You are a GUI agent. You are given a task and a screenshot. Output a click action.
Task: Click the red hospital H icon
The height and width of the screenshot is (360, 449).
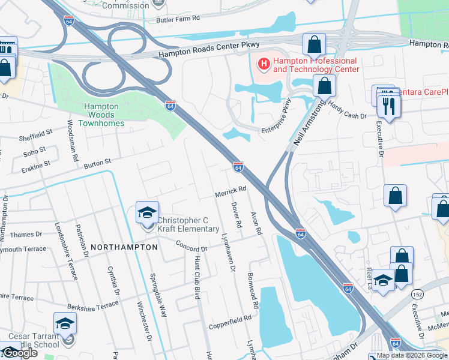(263, 62)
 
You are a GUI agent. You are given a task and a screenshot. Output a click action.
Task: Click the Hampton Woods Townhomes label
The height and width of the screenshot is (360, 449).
(101, 115)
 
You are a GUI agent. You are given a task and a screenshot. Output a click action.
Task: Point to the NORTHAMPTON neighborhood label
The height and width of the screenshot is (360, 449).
(124, 247)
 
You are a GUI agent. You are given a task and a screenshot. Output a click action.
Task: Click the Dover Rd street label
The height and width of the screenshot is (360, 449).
(236, 214)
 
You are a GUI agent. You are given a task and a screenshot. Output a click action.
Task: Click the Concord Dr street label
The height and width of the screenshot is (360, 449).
(191, 246)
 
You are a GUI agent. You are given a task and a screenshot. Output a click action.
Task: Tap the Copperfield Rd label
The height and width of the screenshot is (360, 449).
(229, 322)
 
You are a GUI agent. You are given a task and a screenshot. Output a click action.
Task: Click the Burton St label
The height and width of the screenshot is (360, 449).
(98, 163)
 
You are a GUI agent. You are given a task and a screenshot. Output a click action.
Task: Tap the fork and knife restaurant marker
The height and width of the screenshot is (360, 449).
(389, 107)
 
